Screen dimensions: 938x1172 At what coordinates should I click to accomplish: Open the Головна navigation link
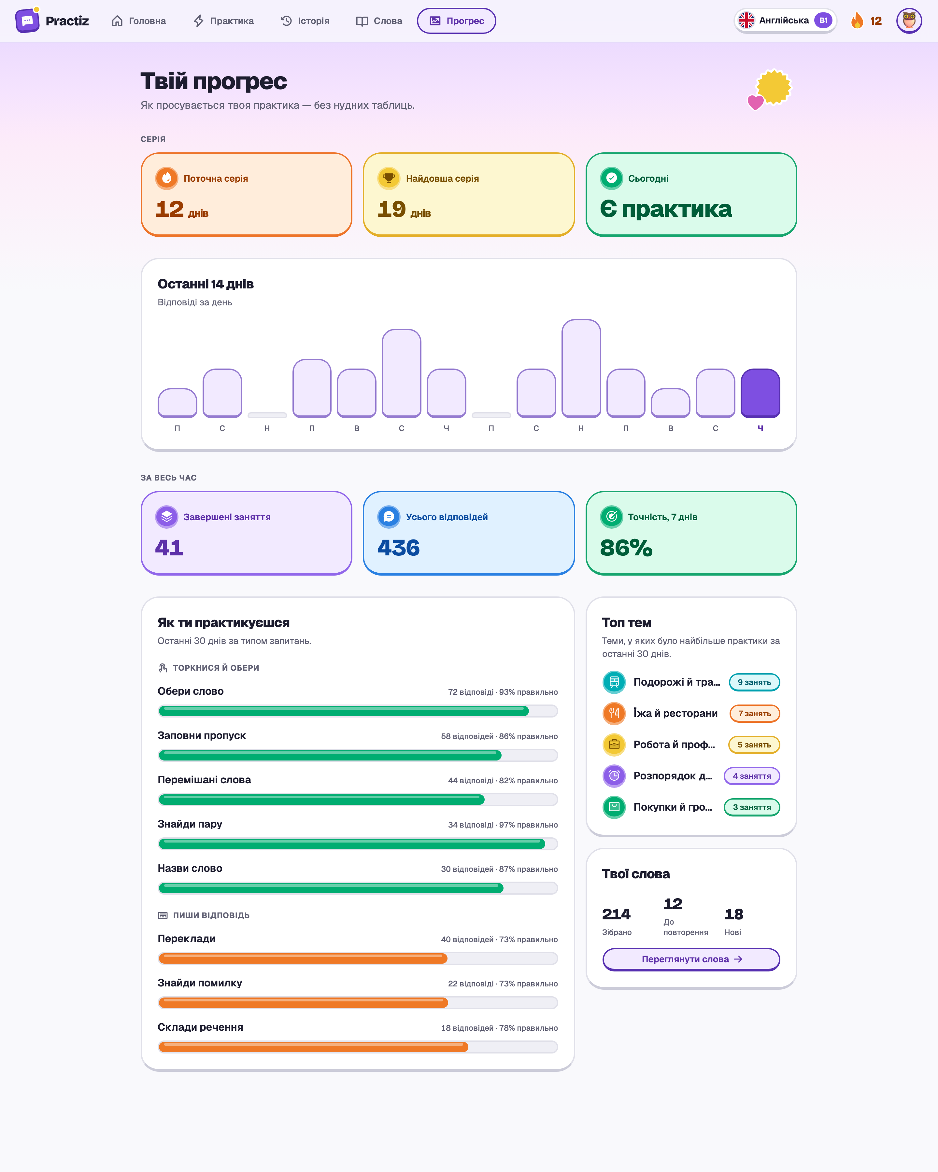(139, 21)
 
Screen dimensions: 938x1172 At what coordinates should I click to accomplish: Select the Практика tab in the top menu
(223, 21)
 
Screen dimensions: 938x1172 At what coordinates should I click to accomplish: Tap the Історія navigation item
(305, 21)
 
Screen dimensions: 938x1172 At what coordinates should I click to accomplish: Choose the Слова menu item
(379, 21)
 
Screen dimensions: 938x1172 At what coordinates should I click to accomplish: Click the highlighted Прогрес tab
(456, 21)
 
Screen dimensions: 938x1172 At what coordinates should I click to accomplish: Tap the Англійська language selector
(785, 21)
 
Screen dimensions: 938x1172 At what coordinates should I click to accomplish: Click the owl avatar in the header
(909, 21)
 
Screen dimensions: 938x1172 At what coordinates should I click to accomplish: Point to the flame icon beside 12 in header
(857, 21)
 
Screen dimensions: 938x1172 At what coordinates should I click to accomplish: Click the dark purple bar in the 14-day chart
(760, 393)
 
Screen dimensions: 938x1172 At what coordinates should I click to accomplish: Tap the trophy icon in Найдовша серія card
(389, 178)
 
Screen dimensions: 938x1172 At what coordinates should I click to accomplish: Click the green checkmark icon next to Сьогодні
(611, 178)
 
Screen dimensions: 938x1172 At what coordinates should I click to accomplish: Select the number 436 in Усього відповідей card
(399, 547)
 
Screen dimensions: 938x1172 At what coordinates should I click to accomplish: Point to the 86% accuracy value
(626, 547)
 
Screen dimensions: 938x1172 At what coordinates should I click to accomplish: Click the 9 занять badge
(754, 682)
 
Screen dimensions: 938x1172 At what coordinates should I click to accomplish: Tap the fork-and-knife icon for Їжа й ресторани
(614, 713)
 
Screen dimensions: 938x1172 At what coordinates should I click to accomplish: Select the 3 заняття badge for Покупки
(751, 807)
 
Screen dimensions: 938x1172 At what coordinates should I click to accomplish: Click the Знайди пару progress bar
(358, 844)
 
